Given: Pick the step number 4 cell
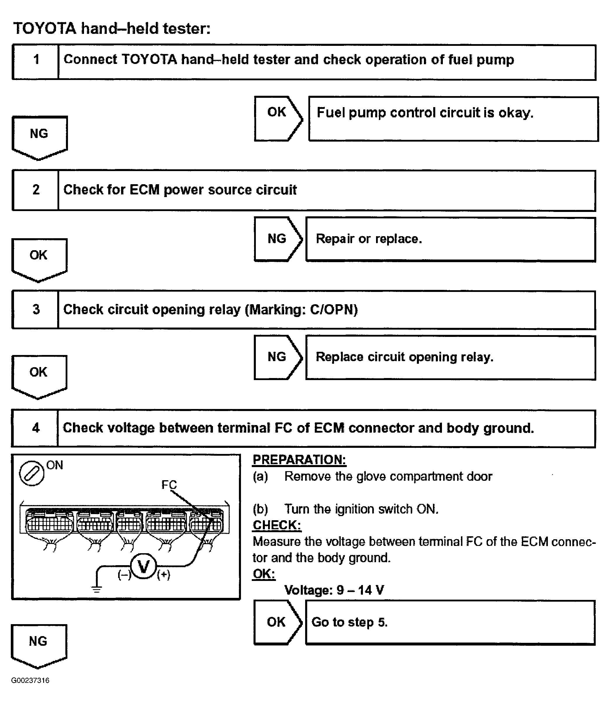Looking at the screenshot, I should (x=35, y=428).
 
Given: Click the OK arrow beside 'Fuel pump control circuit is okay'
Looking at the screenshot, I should (x=277, y=119).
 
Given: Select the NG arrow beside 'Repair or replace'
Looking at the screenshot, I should (x=277, y=239).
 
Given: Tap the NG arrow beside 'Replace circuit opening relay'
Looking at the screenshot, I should (x=277, y=357).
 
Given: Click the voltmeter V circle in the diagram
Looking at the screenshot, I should (x=143, y=567).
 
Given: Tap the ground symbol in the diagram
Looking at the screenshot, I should (x=97, y=589).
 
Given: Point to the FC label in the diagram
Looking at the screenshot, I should (x=169, y=484).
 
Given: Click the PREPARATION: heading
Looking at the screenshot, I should (x=299, y=460).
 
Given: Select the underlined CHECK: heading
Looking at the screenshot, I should (x=277, y=525).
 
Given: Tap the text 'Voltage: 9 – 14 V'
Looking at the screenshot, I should (x=334, y=590).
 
